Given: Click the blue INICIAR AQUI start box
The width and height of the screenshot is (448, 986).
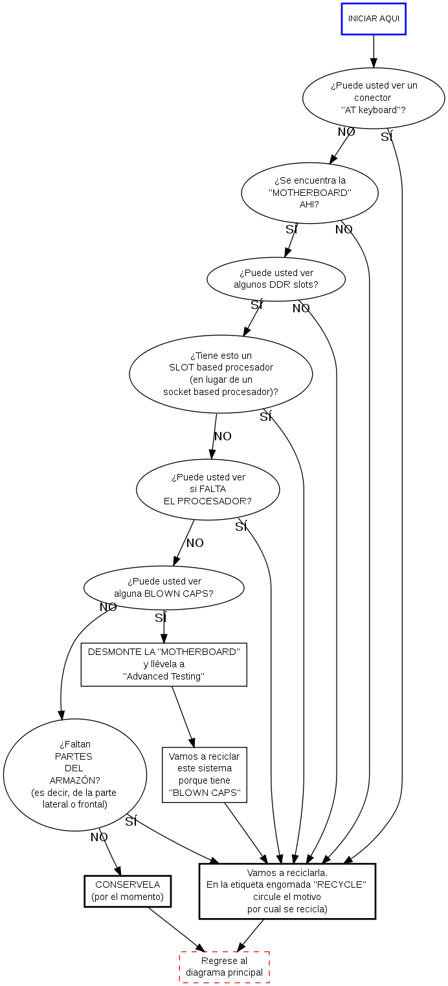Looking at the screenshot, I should (374, 19).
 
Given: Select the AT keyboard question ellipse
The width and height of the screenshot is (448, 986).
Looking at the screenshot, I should (374, 98).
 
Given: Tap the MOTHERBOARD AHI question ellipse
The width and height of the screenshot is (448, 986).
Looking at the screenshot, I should (309, 193).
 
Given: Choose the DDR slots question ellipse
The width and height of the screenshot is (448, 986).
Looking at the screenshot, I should (276, 279).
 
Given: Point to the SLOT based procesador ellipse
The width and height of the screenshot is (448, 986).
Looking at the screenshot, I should (221, 374).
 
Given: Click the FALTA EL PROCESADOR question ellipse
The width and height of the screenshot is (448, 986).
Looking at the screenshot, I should (208, 489).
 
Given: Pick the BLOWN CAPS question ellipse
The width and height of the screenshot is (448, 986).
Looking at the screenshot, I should (164, 588).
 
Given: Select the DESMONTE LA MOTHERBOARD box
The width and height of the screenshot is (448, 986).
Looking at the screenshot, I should (164, 664).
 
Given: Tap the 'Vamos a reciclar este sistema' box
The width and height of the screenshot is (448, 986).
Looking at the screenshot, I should (205, 775).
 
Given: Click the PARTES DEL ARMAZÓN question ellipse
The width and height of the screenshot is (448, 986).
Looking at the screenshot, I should (75, 775).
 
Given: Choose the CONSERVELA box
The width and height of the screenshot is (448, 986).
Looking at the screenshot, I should (128, 891).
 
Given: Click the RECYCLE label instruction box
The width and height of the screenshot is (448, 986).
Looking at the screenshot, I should (287, 891).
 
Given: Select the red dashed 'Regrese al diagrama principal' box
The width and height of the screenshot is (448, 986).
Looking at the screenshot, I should (225, 967).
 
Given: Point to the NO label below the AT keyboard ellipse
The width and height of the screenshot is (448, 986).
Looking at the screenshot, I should (346, 132).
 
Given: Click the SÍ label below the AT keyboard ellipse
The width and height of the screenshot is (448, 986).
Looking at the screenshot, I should (386, 137).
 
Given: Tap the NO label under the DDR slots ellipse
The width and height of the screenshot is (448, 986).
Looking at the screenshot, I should (301, 308).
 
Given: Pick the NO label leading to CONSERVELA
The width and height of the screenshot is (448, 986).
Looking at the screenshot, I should (99, 837).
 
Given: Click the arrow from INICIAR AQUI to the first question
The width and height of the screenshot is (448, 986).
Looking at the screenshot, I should (374, 50).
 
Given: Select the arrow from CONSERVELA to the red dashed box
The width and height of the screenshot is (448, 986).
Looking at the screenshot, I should (176, 929).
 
